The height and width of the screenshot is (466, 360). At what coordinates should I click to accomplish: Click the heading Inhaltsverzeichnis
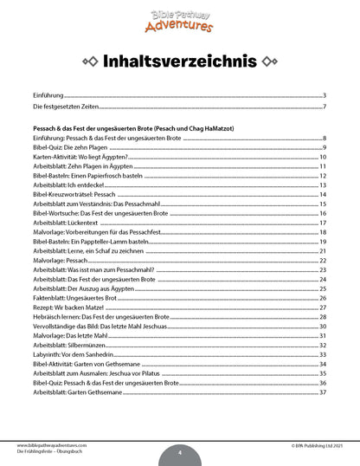pyautogui.click(x=180, y=61)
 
